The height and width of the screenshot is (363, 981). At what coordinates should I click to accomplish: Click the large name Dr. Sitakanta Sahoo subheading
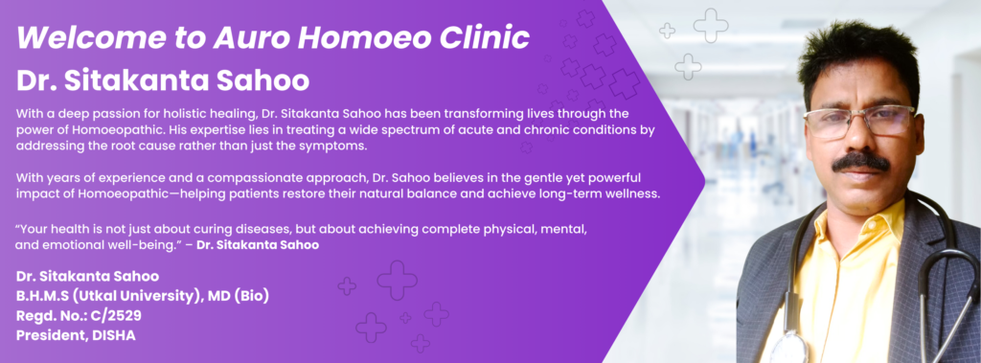[163, 81]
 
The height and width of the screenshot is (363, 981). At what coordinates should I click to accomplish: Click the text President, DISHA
[77, 335]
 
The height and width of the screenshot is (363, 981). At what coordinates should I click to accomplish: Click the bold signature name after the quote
[258, 245]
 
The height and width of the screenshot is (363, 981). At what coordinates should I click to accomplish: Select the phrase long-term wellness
[605, 193]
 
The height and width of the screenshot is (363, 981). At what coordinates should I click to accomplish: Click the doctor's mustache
[861, 162]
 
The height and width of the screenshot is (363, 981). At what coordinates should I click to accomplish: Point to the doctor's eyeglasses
[859, 122]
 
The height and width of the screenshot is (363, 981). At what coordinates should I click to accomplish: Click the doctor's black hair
[857, 57]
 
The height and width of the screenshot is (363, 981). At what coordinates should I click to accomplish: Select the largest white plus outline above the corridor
[711, 26]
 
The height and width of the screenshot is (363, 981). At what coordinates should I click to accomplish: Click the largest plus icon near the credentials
[398, 280]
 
